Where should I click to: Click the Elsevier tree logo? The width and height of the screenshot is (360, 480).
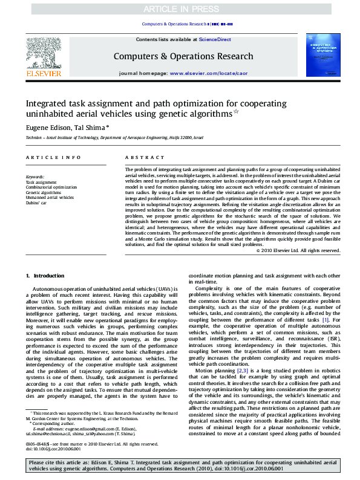[x=43, y=53]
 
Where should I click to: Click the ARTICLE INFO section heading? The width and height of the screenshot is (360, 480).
[x=49, y=157]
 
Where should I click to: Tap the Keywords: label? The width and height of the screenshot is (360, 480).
[x=36, y=177]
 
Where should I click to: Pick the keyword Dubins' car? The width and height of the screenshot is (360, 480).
[x=36, y=203]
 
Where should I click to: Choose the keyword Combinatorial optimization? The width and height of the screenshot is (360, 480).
[x=51, y=187]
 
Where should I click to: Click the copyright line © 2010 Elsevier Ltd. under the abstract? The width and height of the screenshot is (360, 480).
[x=298, y=250]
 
